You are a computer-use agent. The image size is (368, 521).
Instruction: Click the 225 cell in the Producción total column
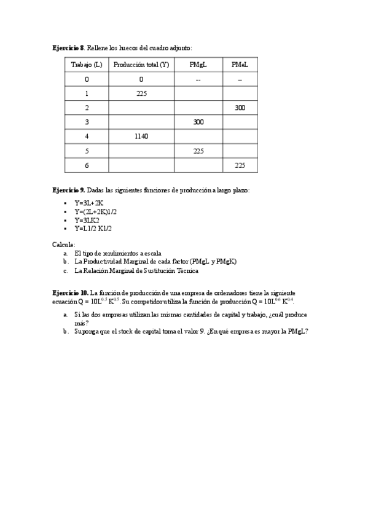point(141,93)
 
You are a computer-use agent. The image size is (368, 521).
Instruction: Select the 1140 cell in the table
point(141,136)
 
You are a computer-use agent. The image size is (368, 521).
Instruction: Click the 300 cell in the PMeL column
point(240,108)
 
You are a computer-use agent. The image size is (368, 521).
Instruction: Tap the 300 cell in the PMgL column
point(198,122)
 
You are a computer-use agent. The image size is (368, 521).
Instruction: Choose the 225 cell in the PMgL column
point(198,151)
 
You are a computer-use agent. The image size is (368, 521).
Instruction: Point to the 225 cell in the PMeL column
point(240,165)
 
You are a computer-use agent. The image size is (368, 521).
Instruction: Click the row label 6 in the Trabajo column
point(87,165)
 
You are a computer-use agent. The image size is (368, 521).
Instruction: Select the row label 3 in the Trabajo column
point(87,122)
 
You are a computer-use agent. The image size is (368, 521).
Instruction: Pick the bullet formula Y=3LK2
point(87,220)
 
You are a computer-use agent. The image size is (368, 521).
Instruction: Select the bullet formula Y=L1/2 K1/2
point(93,229)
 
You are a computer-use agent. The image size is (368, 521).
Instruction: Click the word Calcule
point(63,244)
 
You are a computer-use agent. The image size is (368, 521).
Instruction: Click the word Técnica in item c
point(187,270)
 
